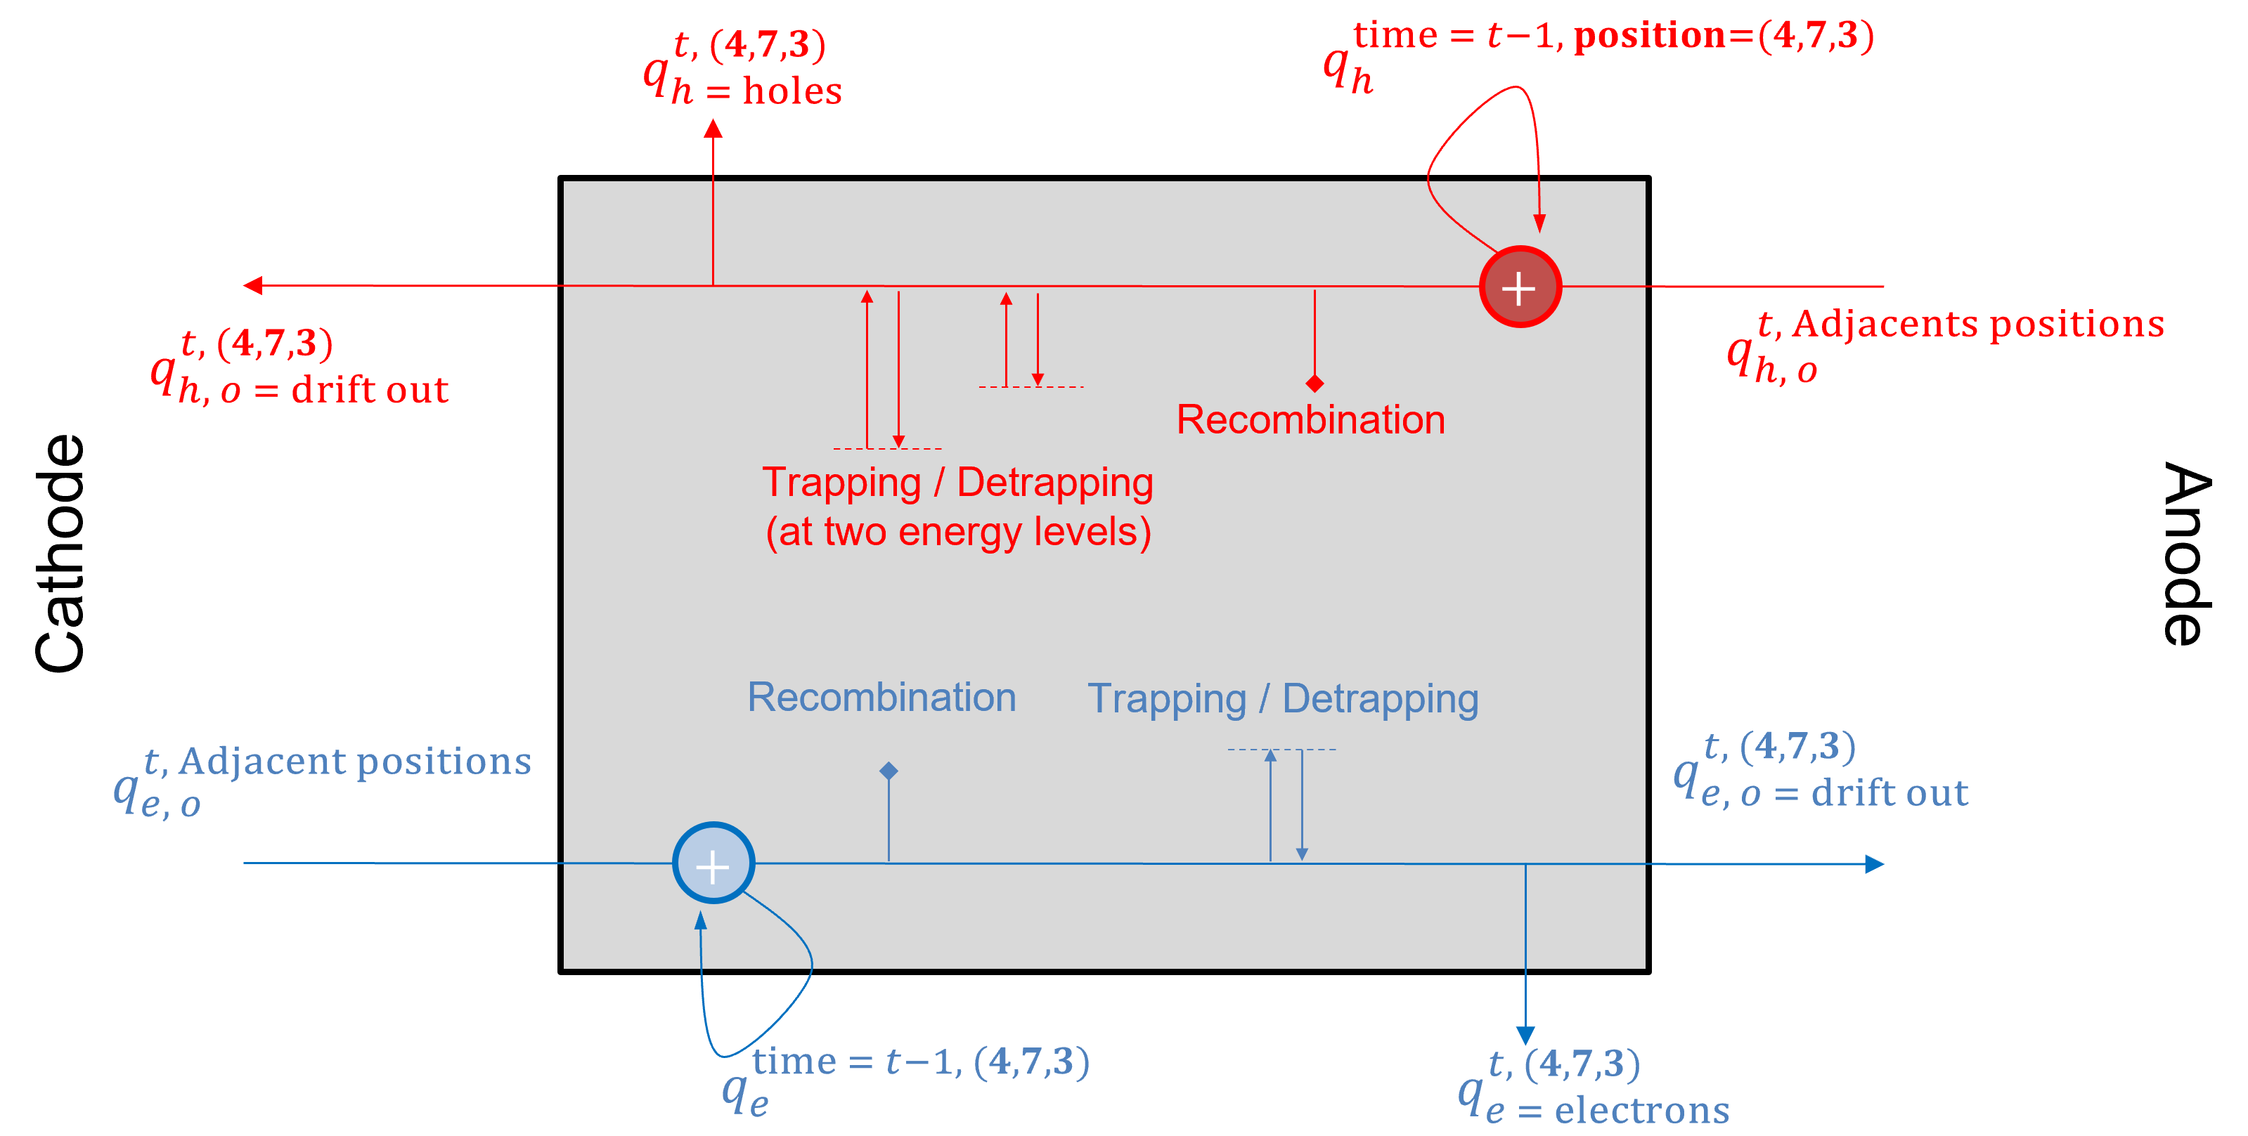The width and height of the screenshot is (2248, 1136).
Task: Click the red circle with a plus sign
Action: click(1519, 287)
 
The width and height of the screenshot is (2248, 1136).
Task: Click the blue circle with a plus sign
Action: click(713, 864)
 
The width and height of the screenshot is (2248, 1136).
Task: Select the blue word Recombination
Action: click(881, 697)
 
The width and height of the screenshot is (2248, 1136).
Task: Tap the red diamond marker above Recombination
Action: click(1314, 383)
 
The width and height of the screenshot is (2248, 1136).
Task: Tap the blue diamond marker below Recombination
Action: click(889, 771)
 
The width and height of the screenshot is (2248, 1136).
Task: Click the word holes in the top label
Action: click(792, 91)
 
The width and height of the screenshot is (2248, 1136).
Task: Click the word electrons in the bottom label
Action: click(1641, 1110)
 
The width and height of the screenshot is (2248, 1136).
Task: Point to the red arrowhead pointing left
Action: click(253, 285)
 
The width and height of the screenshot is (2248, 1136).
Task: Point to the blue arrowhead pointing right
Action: click(1873, 864)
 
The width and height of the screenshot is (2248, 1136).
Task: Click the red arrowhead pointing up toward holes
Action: click(713, 129)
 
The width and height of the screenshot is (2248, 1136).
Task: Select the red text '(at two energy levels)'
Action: click(957, 531)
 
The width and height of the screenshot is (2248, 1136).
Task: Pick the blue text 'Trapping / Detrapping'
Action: click(1282, 699)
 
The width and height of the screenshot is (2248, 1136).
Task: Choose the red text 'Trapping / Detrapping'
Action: click(957, 483)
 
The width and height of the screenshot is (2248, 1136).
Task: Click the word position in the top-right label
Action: click(1649, 35)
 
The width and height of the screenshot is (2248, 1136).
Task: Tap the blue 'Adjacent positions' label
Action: click(354, 762)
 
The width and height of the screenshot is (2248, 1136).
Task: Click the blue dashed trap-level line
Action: click(1281, 750)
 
